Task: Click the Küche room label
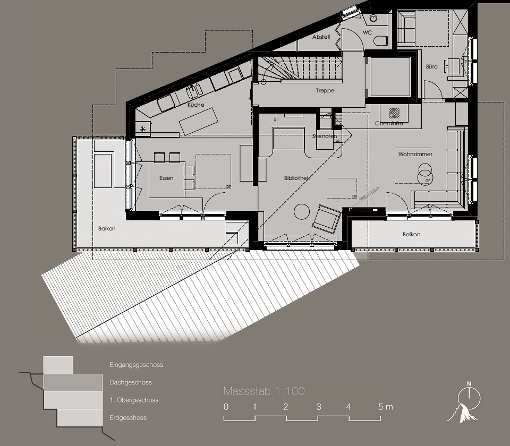195,105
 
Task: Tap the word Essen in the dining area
166,178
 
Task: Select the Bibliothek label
297,178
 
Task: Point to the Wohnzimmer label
415,154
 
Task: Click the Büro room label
431,66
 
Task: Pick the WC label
367,32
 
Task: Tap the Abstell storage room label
321,37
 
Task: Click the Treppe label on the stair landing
325,91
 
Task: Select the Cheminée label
389,124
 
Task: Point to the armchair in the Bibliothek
326,218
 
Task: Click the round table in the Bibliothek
302,211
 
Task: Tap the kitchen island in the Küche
199,121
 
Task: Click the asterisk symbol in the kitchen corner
142,128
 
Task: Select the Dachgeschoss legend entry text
131,382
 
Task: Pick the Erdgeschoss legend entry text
128,418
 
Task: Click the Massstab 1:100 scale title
264,391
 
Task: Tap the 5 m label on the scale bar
386,407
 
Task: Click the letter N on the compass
469,383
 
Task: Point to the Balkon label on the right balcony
411,234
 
